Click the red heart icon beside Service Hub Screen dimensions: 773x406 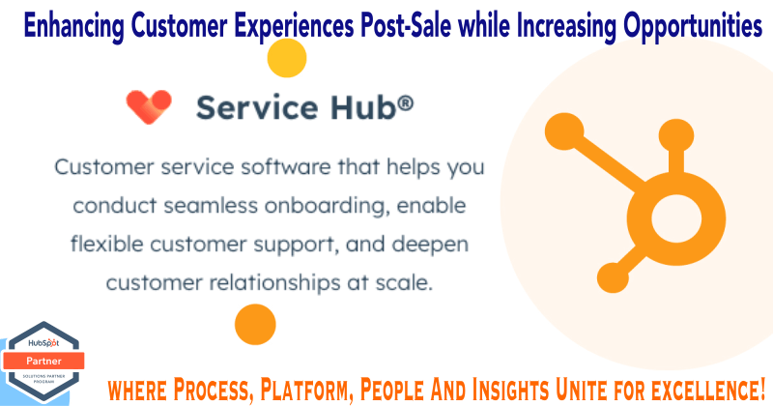click(149, 106)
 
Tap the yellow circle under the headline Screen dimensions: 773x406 click(287, 58)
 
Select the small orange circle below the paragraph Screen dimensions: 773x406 click(255, 324)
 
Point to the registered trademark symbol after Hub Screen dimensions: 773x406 click(405, 103)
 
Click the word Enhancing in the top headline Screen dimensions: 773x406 click(73, 26)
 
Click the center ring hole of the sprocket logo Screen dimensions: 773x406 click(675, 218)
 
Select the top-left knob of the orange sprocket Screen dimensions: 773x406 click(564, 131)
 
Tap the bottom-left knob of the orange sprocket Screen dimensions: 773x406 click(613, 277)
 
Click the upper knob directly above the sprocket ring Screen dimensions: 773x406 click(675, 135)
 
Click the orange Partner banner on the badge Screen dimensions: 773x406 click(43, 362)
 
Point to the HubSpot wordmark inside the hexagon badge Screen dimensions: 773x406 click(43, 343)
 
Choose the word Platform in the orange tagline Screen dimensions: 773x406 click(305, 390)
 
